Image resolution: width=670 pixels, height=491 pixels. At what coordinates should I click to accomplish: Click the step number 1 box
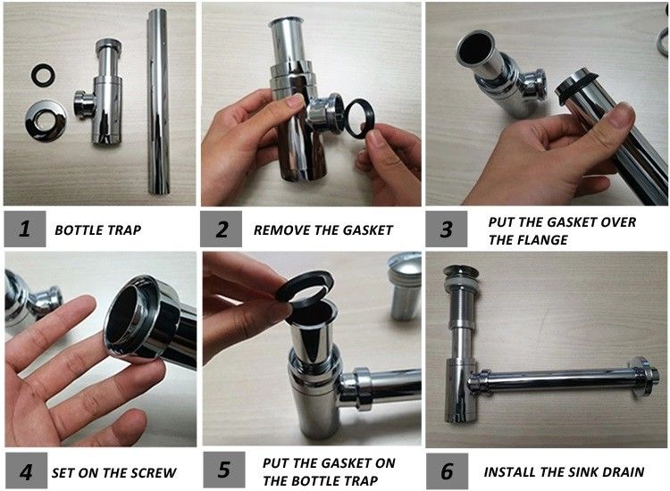coord(25,229)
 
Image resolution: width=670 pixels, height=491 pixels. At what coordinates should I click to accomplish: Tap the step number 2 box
coord(221,229)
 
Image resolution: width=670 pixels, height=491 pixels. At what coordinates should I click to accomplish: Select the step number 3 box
coord(447,229)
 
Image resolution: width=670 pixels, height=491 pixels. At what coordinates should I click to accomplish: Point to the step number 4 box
coord(26,471)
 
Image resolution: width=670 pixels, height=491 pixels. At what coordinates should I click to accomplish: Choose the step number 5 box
coord(224,470)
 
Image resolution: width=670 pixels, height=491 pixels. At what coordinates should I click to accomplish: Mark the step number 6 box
coord(447,471)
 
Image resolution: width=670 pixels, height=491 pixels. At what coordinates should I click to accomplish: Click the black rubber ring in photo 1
coord(43,75)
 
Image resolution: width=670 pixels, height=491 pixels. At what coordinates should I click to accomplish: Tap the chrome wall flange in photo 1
coord(46,121)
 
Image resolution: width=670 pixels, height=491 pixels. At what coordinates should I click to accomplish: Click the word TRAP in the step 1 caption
coord(123,230)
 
